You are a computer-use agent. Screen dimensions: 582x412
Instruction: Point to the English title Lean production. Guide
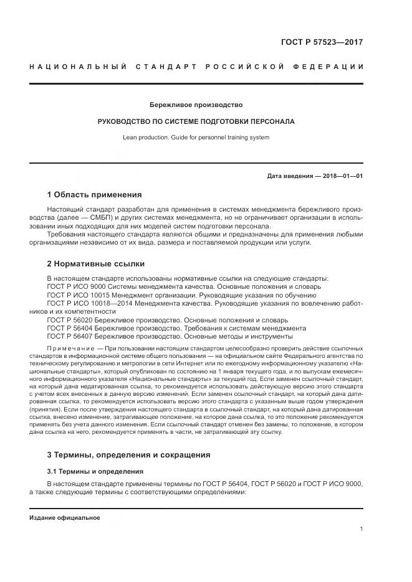coord(196,137)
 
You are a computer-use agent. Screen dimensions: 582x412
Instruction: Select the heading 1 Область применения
coord(94,194)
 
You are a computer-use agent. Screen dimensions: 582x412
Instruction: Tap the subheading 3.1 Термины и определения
coord(95,454)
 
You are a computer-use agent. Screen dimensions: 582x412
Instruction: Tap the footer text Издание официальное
coord(64,518)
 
